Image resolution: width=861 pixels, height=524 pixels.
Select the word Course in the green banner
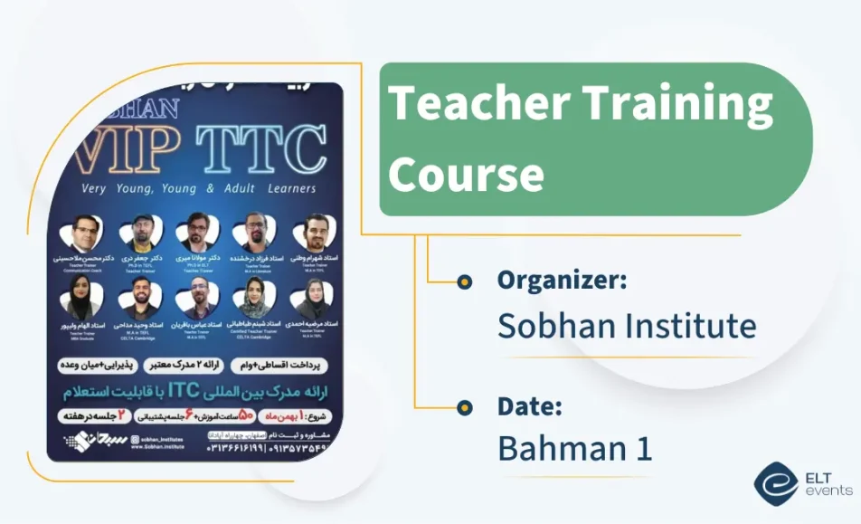point(466,172)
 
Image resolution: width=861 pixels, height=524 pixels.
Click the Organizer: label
point(562,281)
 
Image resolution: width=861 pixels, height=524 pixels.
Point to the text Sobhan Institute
point(627,325)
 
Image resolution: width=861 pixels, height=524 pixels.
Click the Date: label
point(530,406)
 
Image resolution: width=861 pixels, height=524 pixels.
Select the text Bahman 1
point(574,449)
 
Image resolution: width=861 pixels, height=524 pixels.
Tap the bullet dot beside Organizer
point(465,282)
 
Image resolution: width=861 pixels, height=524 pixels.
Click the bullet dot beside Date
point(465,407)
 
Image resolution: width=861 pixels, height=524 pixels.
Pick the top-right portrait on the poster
point(315,233)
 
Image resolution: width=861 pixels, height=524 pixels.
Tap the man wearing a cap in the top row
point(142,233)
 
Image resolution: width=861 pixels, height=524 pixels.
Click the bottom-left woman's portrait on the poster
point(80,298)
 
